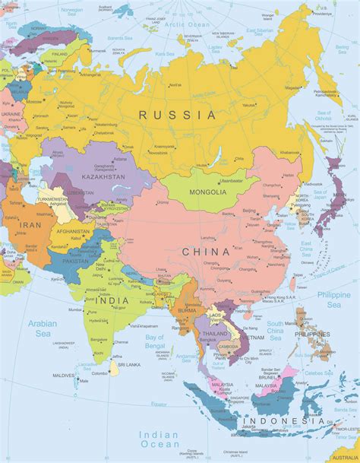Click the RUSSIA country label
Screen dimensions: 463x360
178,115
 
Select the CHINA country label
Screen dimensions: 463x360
206,251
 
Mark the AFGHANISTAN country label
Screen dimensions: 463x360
74,231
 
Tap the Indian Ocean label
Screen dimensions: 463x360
159,439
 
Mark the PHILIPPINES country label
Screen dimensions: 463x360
311,332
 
